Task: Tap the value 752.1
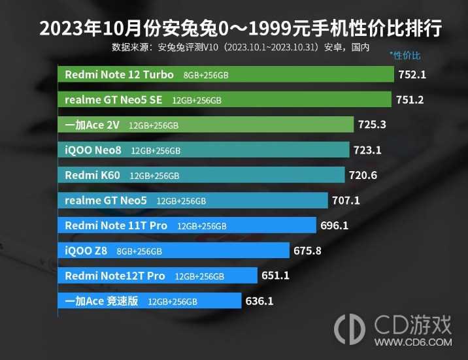pos(412,74)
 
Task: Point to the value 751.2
pos(410,100)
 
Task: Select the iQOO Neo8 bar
pos(206,150)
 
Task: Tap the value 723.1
pos(367,150)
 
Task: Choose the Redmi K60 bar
pos(204,175)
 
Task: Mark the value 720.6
pos(364,175)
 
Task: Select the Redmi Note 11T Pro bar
pos(190,225)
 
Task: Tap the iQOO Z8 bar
pos(176,251)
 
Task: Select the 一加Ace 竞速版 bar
pos(152,301)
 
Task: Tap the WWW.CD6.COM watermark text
pos(420,342)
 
